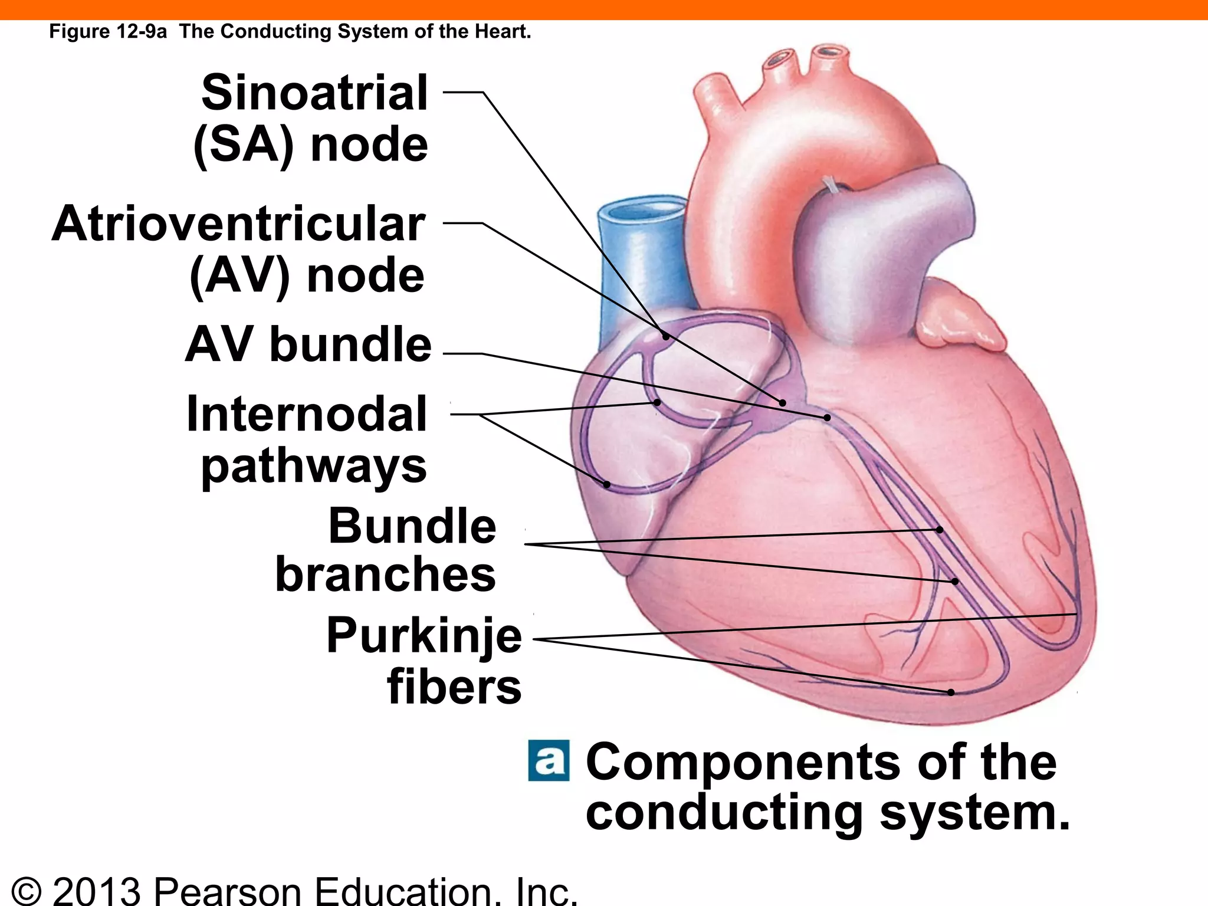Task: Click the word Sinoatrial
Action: tap(314, 93)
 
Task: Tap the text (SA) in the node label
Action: tap(243, 145)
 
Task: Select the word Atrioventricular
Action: tap(238, 225)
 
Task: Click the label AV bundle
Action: tap(308, 344)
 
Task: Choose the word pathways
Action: tap(314, 466)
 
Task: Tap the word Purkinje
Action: tap(424, 636)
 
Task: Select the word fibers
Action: tap(454, 687)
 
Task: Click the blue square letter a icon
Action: tap(549, 761)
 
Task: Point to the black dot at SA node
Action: tap(666, 337)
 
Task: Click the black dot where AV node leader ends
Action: tap(783, 403)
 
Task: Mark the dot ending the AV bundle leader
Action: tap(828, 418)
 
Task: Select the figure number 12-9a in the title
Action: tap(142, 31)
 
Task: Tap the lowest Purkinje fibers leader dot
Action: tap(951, 692)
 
